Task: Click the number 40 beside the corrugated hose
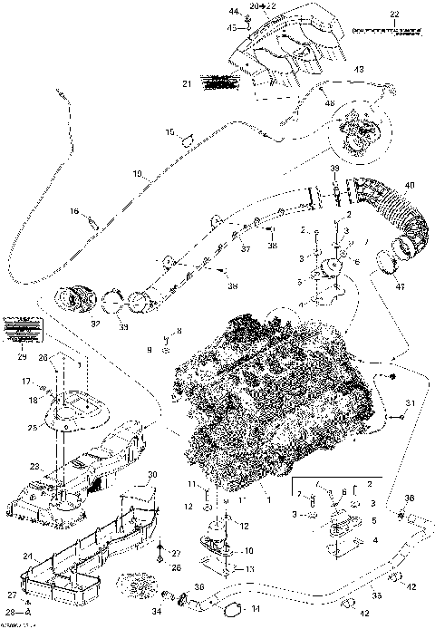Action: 410,186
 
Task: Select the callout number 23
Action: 34,468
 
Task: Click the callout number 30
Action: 152,475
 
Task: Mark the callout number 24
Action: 26,556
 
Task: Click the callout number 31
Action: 411,402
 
